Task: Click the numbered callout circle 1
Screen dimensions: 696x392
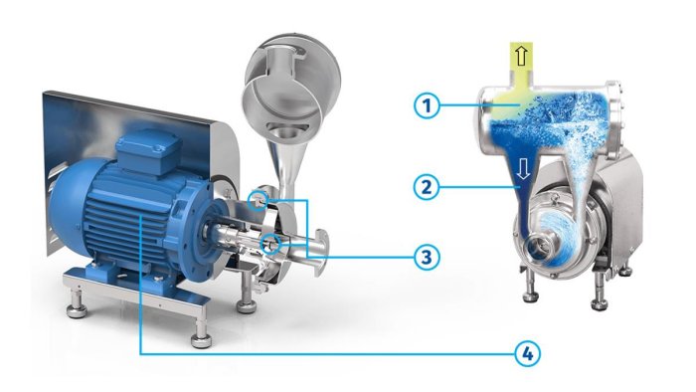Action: [427, 105]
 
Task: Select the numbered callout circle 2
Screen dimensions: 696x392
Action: [427, 186]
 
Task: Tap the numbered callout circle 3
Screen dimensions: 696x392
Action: [427, 257]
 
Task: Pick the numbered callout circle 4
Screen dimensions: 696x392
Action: [528, 353]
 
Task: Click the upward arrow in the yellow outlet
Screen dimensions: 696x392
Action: [522, 56]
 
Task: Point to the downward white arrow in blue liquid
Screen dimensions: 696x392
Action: [524, 169]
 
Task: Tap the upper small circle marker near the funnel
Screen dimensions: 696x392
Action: [259, 199]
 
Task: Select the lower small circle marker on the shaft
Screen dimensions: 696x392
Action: [270, 244]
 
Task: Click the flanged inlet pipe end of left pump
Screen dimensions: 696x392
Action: [321, 252]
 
